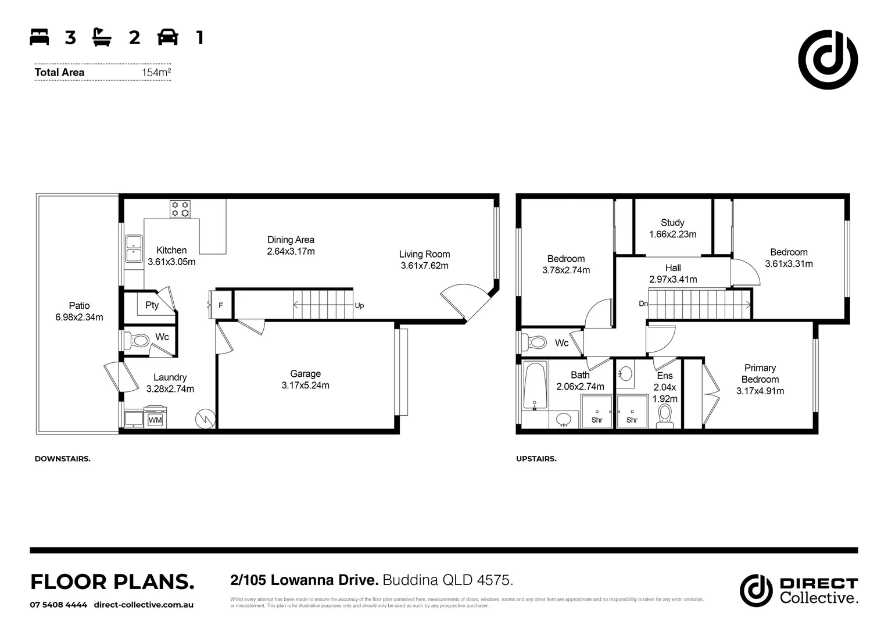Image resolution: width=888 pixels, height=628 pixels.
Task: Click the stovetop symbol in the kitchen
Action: point(180,209)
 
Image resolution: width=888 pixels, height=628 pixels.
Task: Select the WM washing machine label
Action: point(155,420)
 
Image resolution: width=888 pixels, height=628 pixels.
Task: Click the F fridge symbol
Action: point(221,305)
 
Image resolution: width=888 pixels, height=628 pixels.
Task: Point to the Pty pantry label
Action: point(152,305)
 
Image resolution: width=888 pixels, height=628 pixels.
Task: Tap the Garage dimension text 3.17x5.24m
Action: point(305,386)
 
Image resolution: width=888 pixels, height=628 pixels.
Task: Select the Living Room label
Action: point(424,254)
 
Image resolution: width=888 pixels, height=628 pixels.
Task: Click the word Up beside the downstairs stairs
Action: point(359,306)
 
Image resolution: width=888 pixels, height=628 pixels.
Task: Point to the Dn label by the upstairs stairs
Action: point(643,304)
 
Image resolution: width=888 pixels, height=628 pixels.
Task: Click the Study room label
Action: point(672,223)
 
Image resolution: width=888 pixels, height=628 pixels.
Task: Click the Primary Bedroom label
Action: point(760,373)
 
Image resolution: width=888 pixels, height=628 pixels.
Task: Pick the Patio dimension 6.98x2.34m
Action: point(80,317)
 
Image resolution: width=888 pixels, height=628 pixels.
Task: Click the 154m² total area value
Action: point(156,73)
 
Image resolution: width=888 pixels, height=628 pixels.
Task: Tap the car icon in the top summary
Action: point(168,38)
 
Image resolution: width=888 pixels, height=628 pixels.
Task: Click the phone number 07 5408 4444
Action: point(59,605)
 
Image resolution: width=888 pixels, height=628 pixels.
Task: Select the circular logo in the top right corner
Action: point(828,59)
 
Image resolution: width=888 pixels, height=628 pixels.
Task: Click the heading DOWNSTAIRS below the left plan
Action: point(62,459)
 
